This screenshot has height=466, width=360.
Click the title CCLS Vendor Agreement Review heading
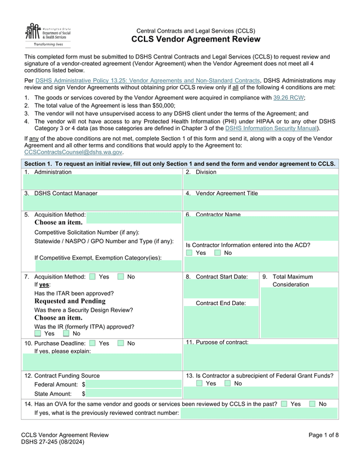[x=196, y=39]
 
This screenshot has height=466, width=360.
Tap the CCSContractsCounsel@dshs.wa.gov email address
[x=73, y=152]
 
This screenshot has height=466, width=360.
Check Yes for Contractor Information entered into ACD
[x=190, y=253]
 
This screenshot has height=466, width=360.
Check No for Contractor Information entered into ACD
[x=218, y=253]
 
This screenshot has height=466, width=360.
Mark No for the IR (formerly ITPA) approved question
[x=66, y=334]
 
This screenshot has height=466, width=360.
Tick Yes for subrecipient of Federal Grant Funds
[x=200, y=383]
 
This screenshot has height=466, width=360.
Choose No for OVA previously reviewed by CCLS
[x=312, y=404]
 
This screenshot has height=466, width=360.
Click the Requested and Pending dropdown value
[x=70, y=301]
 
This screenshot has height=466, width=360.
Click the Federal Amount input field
[x=134, y=384]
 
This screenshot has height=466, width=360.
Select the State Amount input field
[x=134, y=394]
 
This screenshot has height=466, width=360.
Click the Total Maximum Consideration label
[x=292, y=280]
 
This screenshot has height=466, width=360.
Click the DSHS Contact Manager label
[x=65, y=194]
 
